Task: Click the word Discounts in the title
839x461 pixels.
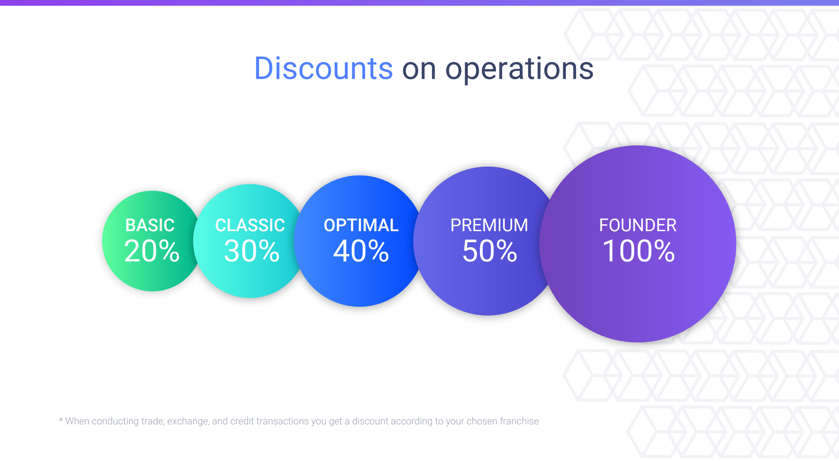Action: [324, 69]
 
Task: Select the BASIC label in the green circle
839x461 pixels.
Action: [150, 225]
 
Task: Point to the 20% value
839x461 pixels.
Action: [152, 251]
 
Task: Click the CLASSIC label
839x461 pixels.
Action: [250, 225]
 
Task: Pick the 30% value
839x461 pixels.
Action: [252, 251]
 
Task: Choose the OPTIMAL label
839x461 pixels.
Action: [361, 225]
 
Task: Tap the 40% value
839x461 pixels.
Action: [361, 251]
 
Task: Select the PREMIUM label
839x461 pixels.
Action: [489, 225]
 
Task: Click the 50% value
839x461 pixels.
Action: [490, 251]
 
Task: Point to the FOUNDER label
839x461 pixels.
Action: [638, 225]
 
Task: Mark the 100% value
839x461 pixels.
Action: [639, 251]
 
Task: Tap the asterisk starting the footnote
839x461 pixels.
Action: [61, 419]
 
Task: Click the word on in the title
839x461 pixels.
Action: [419, 71]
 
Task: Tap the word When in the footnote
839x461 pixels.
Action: [77, 421]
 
